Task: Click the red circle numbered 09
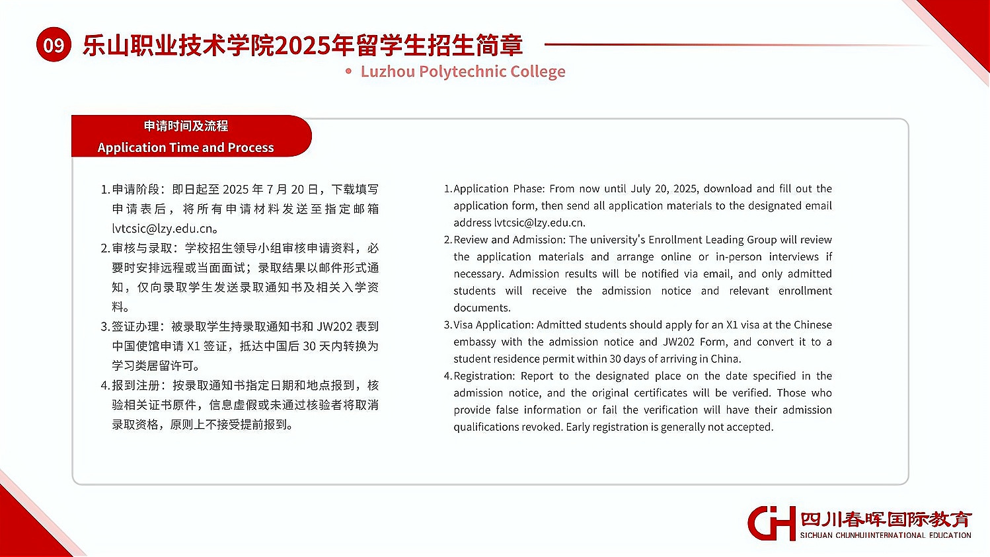54,45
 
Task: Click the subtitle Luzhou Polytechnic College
463,71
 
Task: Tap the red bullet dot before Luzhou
349,71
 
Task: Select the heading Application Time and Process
185,147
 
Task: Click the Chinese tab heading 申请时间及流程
186,126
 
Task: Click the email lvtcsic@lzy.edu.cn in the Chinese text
163,229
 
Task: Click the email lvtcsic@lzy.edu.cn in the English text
539,223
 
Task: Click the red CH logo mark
771,523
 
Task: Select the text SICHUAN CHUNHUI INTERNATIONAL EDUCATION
886,535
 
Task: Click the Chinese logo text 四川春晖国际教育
886,519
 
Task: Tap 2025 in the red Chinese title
302,45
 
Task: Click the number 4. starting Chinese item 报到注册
104,385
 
